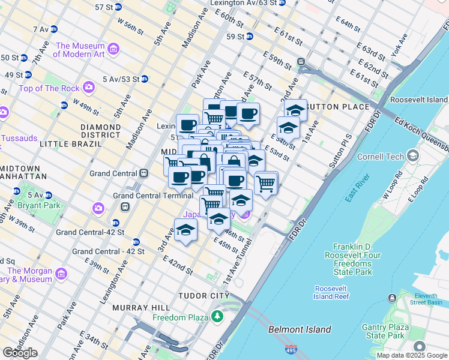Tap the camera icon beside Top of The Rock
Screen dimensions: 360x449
(89, 88)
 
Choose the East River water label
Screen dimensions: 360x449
(357, 196)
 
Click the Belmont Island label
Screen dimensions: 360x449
(300, 329)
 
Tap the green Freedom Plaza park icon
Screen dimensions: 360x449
(215, 316)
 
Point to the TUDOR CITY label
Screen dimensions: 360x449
(203, 296)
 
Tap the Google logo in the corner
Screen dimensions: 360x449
(20, 353)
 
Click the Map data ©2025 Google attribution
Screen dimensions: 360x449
(411, 355)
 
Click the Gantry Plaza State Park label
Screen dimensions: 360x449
(385, 331)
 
